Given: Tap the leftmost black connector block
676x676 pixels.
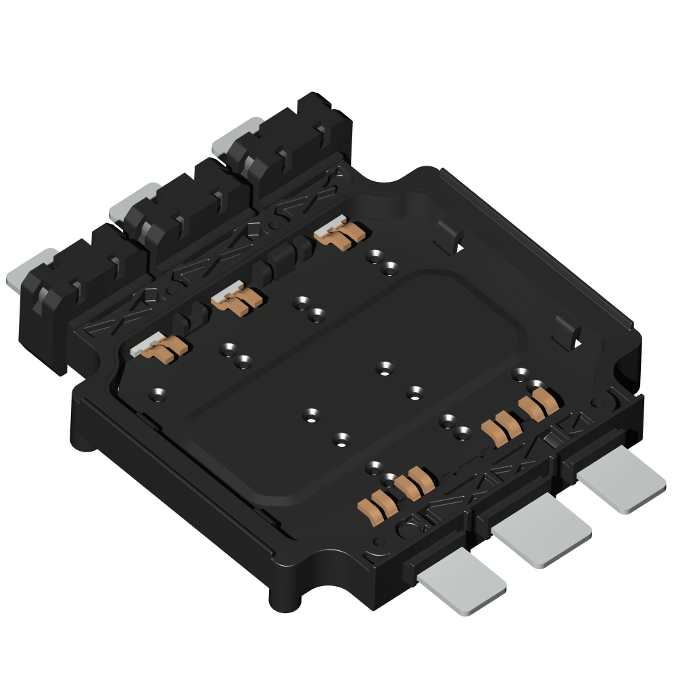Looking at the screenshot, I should [74, 291].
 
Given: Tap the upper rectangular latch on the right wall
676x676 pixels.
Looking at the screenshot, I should [450, 237].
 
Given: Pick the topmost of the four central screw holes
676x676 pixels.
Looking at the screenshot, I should [385, 368].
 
